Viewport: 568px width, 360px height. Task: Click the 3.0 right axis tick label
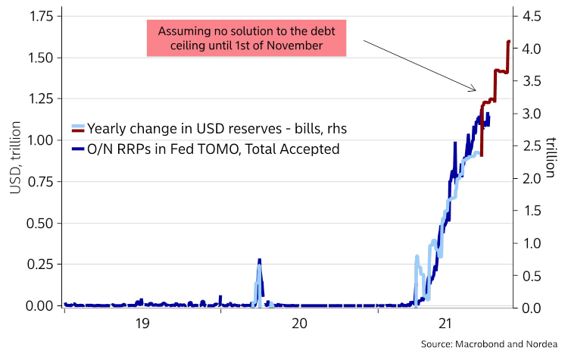click(x=532, y=114)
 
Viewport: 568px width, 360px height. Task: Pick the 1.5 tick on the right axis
click(x=532, y=211)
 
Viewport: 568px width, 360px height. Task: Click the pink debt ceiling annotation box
click(x=246, y=39)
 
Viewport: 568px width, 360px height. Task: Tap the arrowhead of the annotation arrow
click(x=474, y=90)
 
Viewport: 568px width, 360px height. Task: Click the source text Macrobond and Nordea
click(x=492, y=346)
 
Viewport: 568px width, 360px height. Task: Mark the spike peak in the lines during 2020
click(x=259, y=260)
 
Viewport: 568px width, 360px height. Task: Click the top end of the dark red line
click(x=508, y=41)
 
